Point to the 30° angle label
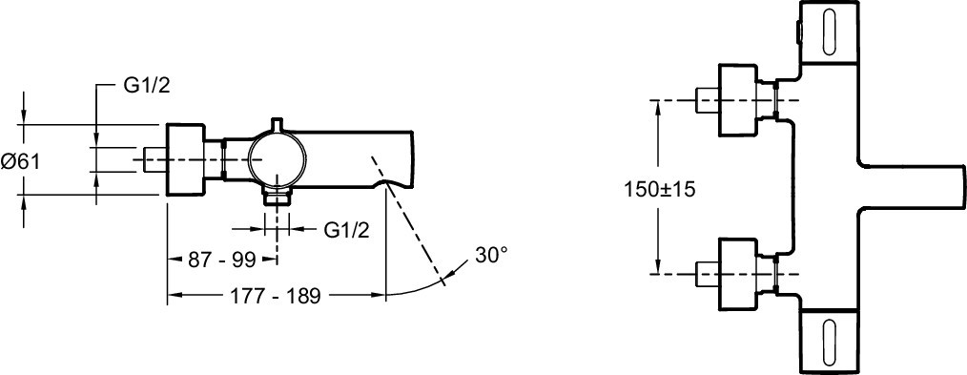click(491, 254)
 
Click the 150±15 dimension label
click(659, 189)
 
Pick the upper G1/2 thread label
click(147, 86)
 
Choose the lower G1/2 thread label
click(346, 230)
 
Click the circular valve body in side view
click(277, 158)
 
